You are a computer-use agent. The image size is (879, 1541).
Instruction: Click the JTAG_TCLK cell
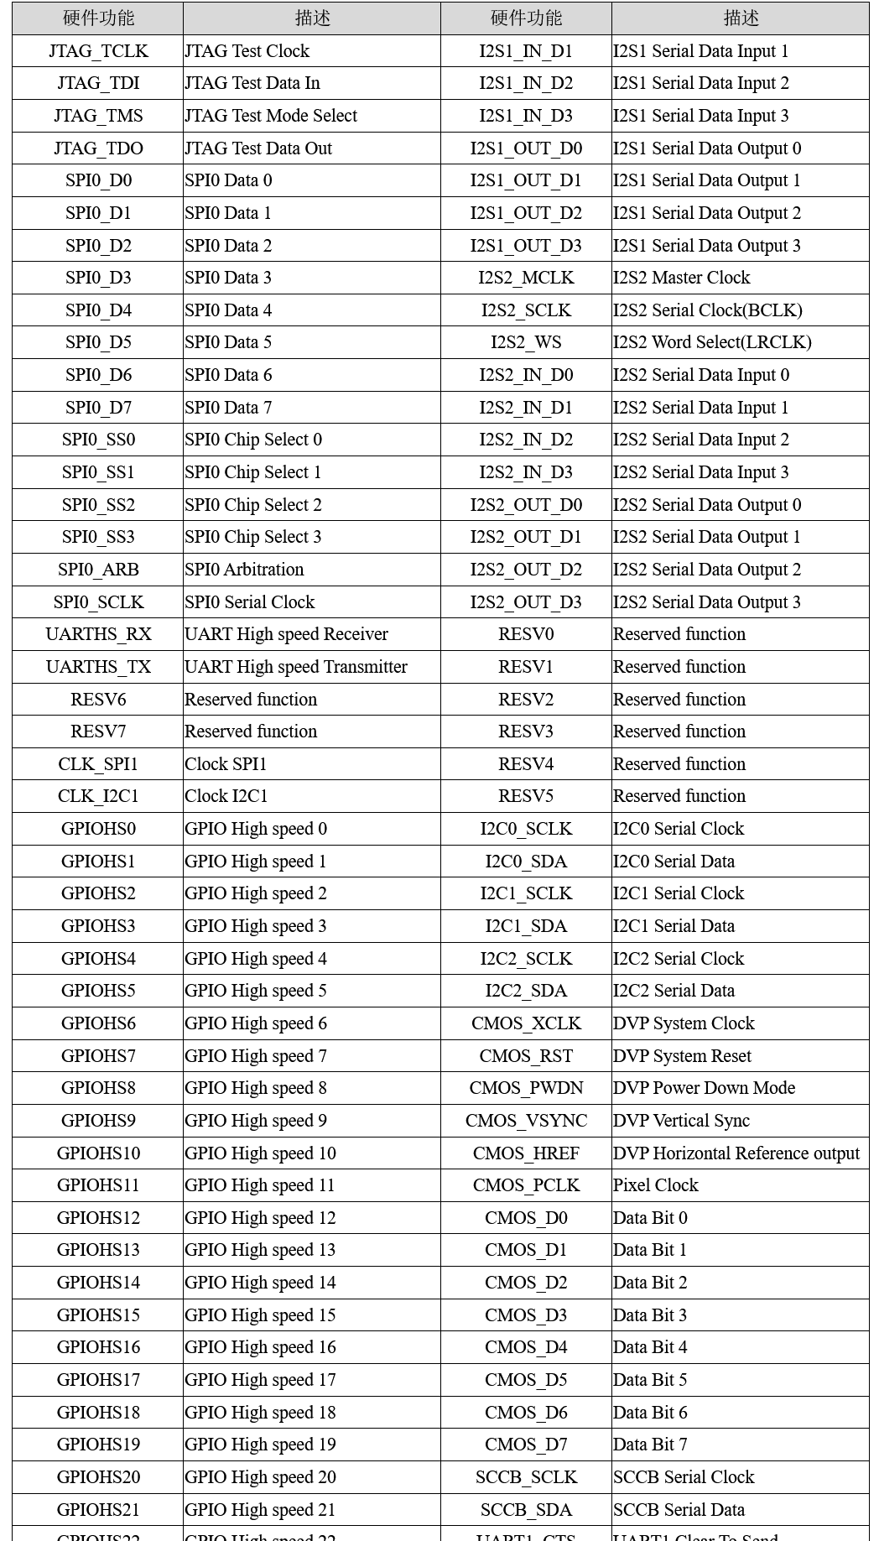(x=98, y=51)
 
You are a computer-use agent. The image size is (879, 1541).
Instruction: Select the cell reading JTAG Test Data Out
(x=258, y=148)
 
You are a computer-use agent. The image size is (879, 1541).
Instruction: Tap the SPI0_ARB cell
(x=98, y=570)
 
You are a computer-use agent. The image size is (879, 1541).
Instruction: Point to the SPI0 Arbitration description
(x=244, y=570)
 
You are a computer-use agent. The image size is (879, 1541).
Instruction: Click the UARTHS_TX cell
(x=98, y=667)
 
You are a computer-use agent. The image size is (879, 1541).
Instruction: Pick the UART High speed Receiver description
(x=286, y=634)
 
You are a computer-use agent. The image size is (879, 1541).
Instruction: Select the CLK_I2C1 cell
(x=98, y=796)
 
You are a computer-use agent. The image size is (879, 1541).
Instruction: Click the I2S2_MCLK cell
(x=526, y=278)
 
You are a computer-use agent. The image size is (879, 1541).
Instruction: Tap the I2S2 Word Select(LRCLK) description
(x=712, y=342)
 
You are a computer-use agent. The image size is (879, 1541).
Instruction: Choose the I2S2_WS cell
(x=526, y=342)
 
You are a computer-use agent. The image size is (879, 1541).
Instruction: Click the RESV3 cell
(x=526, y=731)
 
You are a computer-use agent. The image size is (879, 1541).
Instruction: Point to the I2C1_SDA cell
(x=526, y=926)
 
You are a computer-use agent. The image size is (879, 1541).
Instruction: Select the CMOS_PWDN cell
(x=526, y=1088)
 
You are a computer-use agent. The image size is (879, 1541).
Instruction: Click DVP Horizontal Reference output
(x=736, y=1153)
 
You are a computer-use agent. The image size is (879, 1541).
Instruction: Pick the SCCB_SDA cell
(x=526, y=1510)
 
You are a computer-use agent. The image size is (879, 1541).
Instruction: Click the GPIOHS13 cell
(x=98, y=1250)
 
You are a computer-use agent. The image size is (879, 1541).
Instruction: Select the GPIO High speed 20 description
(x=260, y=1477)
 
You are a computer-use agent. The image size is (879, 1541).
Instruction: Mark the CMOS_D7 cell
(x=526, y=1445)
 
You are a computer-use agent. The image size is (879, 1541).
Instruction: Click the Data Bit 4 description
(x=650, y=1347)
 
